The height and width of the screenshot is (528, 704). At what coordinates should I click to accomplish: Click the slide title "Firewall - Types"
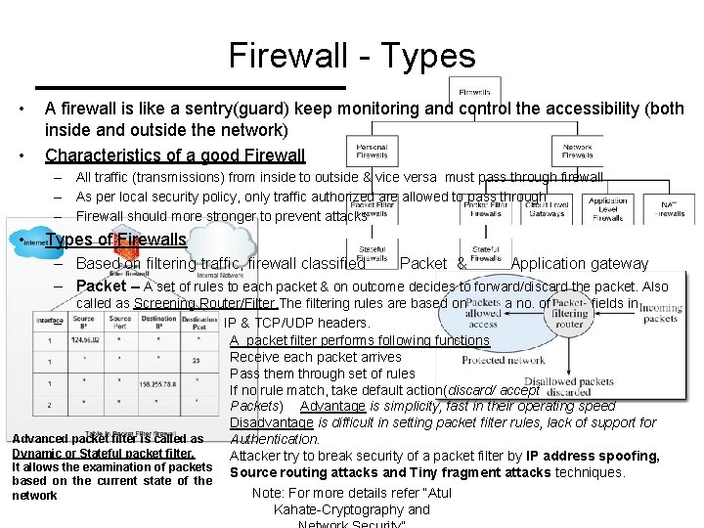pos(352,56)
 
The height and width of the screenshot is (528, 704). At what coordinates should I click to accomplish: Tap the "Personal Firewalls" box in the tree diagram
pos(372,151)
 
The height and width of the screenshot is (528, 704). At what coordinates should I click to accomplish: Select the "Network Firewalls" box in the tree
pos(577,151)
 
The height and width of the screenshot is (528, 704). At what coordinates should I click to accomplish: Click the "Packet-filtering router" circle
pos(569,313)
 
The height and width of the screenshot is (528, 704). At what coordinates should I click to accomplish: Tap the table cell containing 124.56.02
pos(84,340)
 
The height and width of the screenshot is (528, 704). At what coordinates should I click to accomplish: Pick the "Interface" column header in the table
pos(49,320)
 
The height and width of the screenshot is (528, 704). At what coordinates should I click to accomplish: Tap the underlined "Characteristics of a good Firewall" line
pos(175,154)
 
